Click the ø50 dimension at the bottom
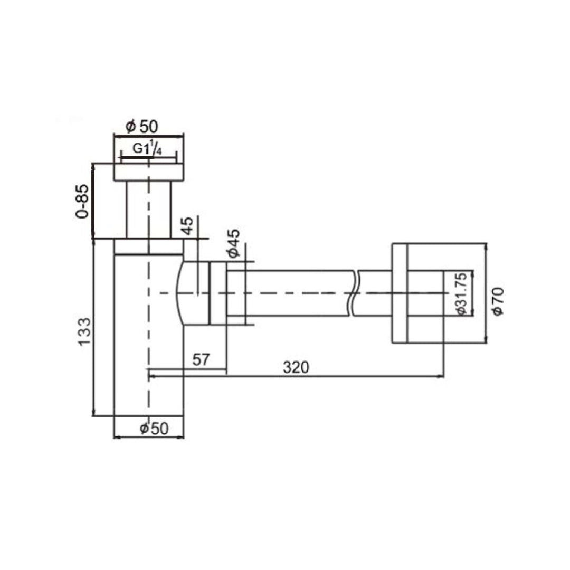click(x=154, y=429)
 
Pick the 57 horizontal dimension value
click(x=201, y=360)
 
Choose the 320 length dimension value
click(x=296, y=367)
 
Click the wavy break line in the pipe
click(x=354, y=293)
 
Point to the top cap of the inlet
click(x=149, y=172)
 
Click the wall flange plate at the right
click(x=400, y=293)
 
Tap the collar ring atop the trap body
click(x=149, y=246)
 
